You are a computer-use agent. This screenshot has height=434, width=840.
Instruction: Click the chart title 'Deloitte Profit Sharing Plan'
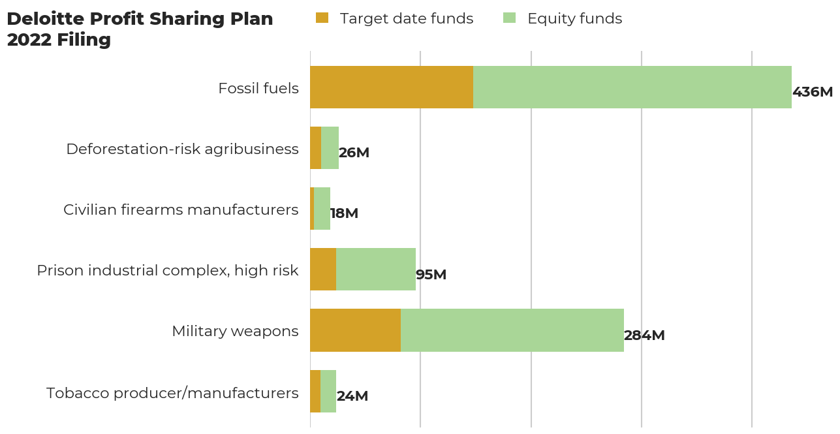pyautogui.click(x=140, y=19)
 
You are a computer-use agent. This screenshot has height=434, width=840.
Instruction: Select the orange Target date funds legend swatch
pyautogui.click(x=322, y=18)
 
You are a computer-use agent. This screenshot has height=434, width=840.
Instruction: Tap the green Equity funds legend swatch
pyautogui.click(x=509, y=18)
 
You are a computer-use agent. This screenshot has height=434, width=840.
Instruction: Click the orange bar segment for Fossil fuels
pyautogui.click(x=392, y=87)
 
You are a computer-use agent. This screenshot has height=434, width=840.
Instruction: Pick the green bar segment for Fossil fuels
pyautogui.click(x=632, y=87)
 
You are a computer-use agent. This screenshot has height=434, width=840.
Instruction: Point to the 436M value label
pyautogui.click(x=812, y=92)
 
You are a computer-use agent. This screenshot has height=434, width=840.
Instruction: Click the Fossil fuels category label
pyautogui.click(x=258, y=88)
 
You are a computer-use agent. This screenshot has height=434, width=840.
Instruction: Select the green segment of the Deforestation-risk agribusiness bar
pyautogui.click(x=330, y=147)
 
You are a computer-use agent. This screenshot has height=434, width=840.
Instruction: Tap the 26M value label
pyautogui.click(x=354, y=153)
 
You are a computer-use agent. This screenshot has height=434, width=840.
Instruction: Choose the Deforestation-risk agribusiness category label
pyautogui.click(x=182, y=149)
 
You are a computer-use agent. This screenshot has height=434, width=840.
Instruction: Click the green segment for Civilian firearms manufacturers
pyautogui.click(x=322, y=208)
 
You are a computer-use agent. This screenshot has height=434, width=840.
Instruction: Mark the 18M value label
pyautogui.click(x=344, y=213)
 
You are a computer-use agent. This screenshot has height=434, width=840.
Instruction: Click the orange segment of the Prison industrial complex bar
pyautogui.click(x=323, y=269)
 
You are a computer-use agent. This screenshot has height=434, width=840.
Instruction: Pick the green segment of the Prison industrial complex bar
pyautogui.click(x=376, y=269)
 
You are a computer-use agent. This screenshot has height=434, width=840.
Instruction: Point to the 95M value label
pyautogui.click(x=431, y=275)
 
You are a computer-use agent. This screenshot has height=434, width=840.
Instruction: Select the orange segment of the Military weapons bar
pyautogui.click(x=355, y=330)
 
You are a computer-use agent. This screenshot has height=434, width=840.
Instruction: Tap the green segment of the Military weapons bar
pyautogui.click(x=512, y=330)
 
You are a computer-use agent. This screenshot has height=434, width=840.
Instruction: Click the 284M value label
pyautogui.click(x=644, y=335)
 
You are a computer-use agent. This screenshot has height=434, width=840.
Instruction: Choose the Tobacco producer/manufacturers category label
pyautogui.click(x=172, y=393)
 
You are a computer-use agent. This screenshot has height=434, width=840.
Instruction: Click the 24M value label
pyautogui.click(x=352, y=396)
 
